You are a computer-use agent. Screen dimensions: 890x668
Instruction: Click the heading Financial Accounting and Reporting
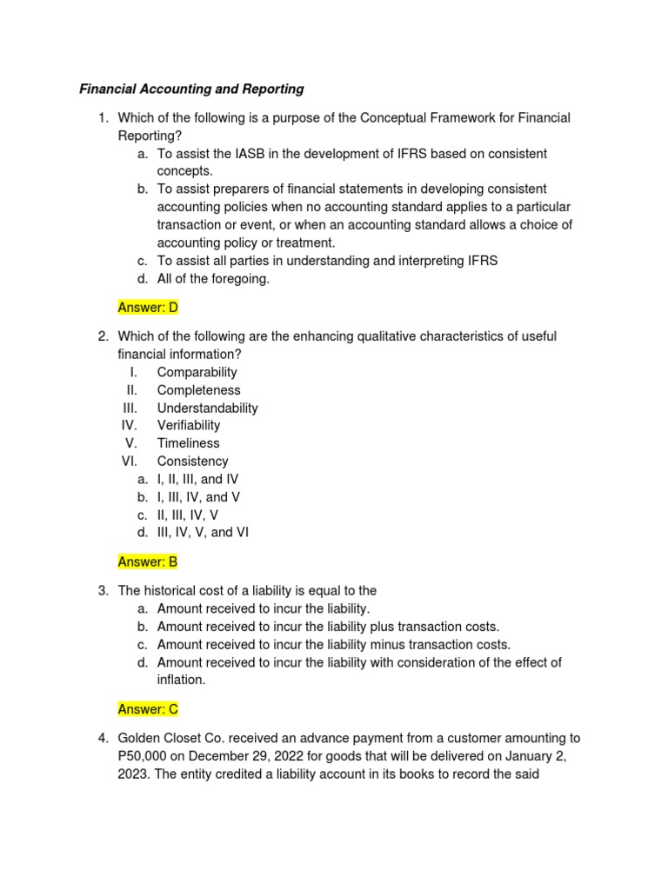pos(191,89)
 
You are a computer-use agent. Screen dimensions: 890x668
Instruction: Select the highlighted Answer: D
pos(148,307)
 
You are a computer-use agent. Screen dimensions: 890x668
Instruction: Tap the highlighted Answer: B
pos(148,561)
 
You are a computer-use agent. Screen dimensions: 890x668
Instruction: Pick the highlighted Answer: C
pos(148,709)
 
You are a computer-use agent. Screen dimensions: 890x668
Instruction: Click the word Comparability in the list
pos(197,372)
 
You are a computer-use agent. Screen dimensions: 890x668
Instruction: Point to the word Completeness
pos(198,390)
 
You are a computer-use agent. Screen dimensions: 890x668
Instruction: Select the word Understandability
pos(207,408)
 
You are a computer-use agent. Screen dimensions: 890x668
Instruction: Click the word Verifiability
pos(189,425)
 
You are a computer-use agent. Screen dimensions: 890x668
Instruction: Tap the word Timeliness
pos(188,443)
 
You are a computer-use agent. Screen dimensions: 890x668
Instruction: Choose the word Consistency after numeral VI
pos(192,462)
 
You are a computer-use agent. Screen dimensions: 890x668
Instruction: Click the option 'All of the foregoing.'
pos(213,278)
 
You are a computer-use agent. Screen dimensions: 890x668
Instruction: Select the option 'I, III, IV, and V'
pos(198,497)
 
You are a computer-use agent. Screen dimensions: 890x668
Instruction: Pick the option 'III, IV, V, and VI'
pos(203,532)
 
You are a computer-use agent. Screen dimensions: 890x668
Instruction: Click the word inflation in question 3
pos(181,680)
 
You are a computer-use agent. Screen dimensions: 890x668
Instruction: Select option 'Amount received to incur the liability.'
pos(263,608)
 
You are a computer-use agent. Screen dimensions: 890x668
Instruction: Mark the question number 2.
pos(102,336)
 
